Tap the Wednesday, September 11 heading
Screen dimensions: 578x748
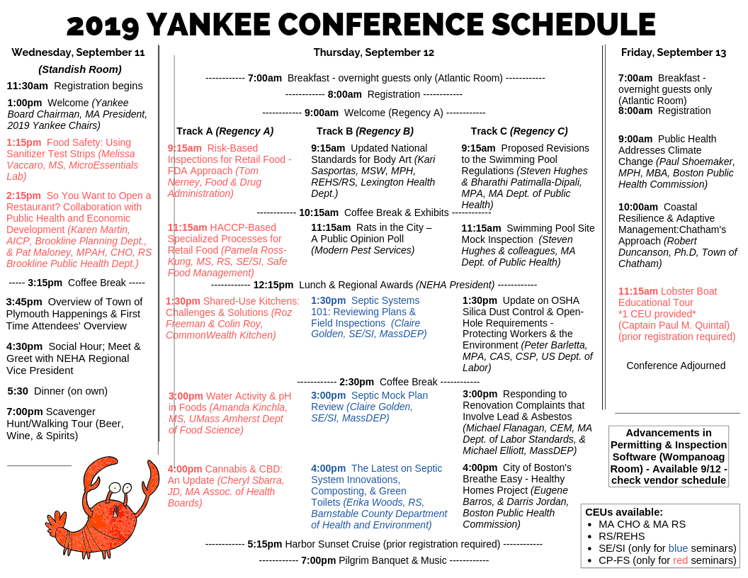(78, 52)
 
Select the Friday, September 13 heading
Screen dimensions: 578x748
(673, 52)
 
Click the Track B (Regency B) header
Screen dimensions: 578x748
(365, 131)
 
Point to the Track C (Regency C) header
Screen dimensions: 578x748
(518, 131)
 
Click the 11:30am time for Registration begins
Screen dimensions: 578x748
(28, 86)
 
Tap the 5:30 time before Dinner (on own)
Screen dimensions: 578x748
(18, 391)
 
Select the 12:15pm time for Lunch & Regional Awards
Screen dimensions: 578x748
(273, 285)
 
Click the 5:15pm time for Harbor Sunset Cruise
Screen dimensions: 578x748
(264, 544)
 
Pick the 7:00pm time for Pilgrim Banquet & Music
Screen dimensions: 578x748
(318, 560)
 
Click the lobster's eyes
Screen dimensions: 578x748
(120, 488)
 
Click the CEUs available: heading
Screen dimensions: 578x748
(624, 512)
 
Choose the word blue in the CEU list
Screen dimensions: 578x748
(678, 548)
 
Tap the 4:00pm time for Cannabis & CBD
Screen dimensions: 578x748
(185, 469)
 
